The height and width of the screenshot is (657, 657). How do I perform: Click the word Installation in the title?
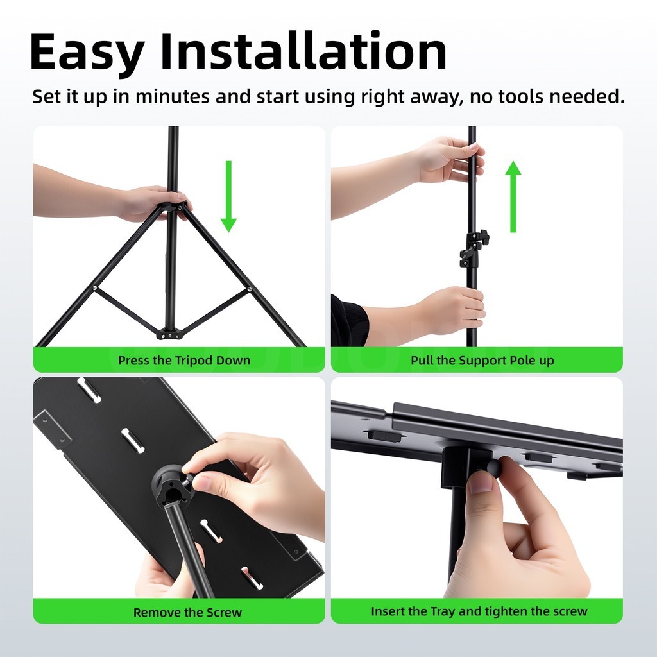click(303, 51)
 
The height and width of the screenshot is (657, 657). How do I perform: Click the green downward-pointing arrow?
click(228, 196)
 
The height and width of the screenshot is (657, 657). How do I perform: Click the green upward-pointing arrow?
click(513, 196)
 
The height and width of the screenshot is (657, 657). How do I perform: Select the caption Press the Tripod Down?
click(184, 361)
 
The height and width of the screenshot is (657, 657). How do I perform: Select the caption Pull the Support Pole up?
click(482, 361)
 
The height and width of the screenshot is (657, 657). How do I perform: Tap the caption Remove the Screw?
click(187, 612)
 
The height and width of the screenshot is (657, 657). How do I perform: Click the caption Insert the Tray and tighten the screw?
click(479, 611)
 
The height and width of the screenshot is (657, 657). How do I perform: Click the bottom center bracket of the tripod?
click(169, 334)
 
